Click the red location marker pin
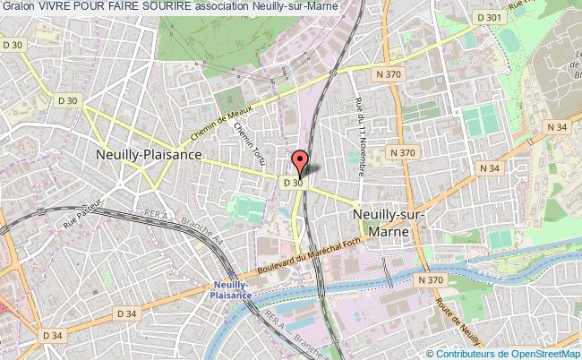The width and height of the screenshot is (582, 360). [x=301, y=162]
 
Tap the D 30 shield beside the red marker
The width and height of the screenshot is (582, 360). [x=292, y=182]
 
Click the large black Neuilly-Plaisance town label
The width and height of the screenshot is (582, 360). [x=148, y=154]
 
